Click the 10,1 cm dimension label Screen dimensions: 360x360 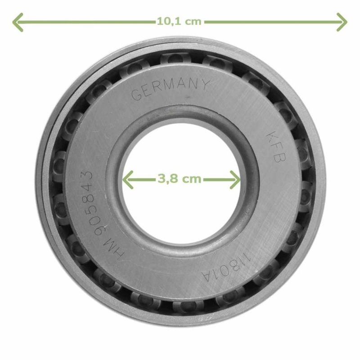click(x=179, y=22)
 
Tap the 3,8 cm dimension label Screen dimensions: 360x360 click(x=179, y=179)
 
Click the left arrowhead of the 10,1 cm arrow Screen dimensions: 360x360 click(x=18, y=22)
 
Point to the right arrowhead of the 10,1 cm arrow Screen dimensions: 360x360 click(x=342, y=22)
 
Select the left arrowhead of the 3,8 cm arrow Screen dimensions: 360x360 click(x=128, y=180)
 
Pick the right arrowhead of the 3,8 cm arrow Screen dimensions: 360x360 click(x=235, y=180)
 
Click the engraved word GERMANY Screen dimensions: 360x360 click(x=171, y=89)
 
